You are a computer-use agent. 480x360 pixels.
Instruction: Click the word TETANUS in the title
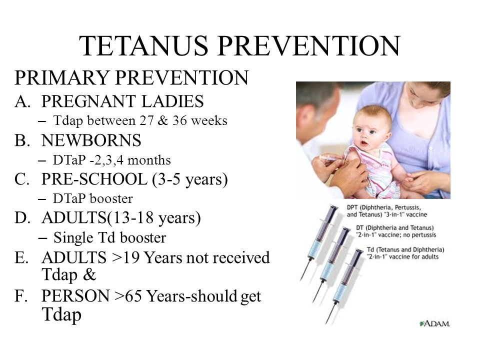pyautogui.click(x=143, y=45)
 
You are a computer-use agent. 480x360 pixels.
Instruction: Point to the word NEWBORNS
pyautogui.click(x=91, y=140)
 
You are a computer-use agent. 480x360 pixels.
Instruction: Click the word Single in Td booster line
pyautogui.click(x=73, y=238)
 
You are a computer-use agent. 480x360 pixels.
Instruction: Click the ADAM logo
pyautogui.click(x=435, y=323)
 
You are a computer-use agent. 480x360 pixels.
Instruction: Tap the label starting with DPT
pyautogui.click(x=387, y=211)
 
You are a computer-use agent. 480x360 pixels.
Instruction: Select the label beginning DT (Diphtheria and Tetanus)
pyautogui.click(x=396, y=231)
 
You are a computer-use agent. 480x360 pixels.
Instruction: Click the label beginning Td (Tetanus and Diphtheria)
pyautogui.click(x=405, y=253)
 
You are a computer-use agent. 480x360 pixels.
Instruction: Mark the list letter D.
pyautogui.click(x=22, y=218)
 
